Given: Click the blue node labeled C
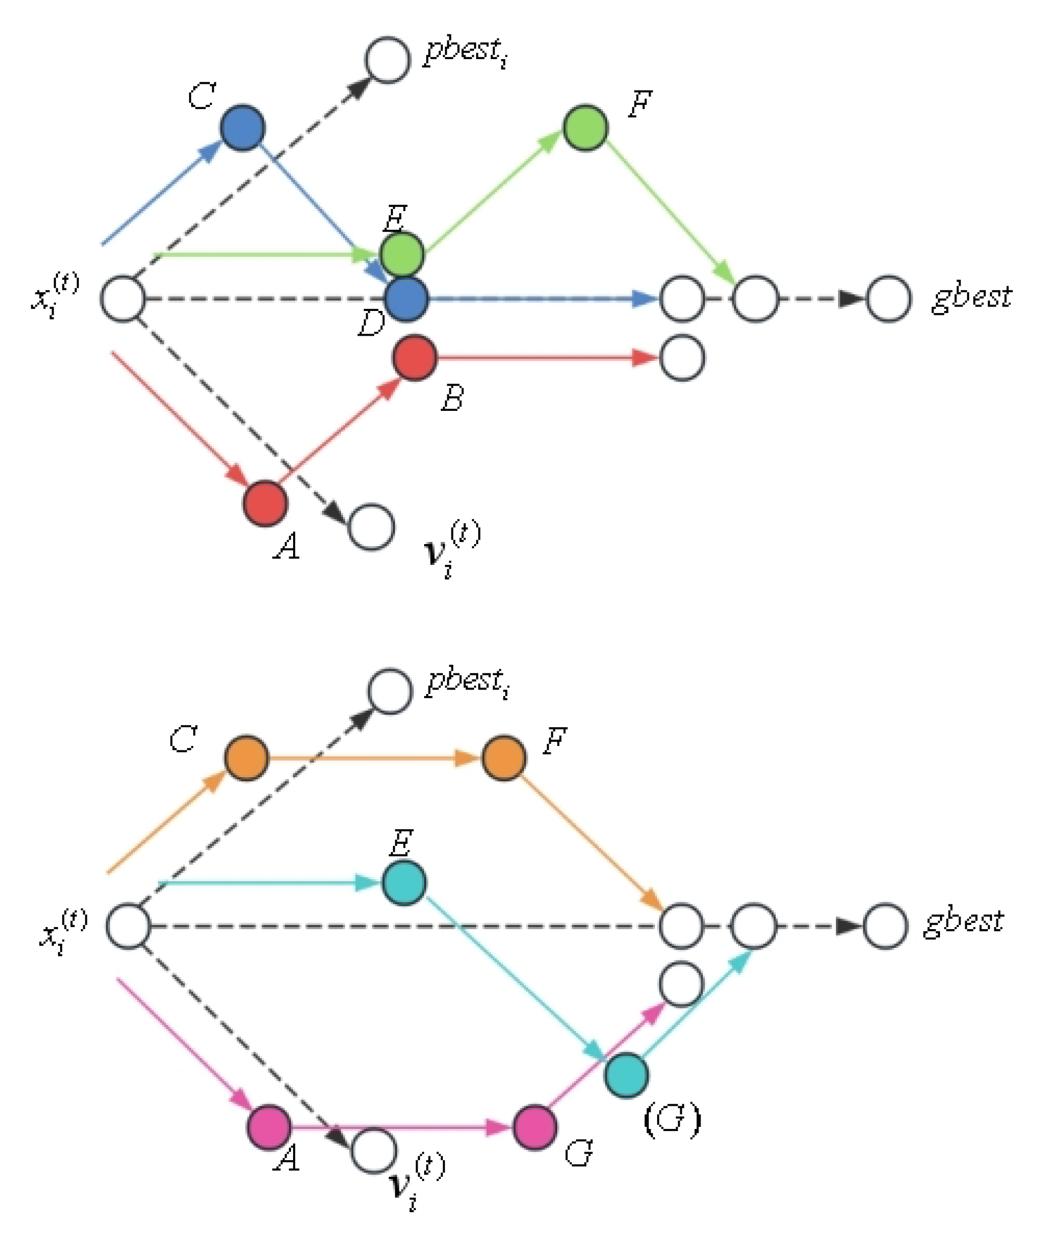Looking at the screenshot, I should pos(243,128).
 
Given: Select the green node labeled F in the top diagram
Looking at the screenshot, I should pos(585,128).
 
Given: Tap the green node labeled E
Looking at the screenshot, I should pos(402,255).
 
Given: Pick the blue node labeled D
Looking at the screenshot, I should pos(406,299).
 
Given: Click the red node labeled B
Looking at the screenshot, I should pos(414,358).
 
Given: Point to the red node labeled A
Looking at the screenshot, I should pos(265,504).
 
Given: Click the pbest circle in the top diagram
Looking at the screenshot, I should pos(388,59).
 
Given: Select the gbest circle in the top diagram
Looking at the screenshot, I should pos(888,299).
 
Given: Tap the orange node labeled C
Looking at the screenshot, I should pos(246,758).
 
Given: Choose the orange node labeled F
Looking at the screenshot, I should pos(504,758).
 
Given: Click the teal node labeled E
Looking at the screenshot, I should pos(404,883).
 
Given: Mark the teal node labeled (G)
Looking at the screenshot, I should pos(626,1075).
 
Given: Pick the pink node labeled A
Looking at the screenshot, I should pos(269,1127).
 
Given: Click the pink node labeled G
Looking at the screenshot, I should pos(534,1127).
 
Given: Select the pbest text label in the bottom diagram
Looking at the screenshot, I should pos(468,682).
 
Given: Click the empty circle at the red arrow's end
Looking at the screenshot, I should pos(682,358).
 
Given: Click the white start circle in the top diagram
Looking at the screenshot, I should pos(122,299).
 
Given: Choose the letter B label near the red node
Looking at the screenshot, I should pos(452,397).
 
